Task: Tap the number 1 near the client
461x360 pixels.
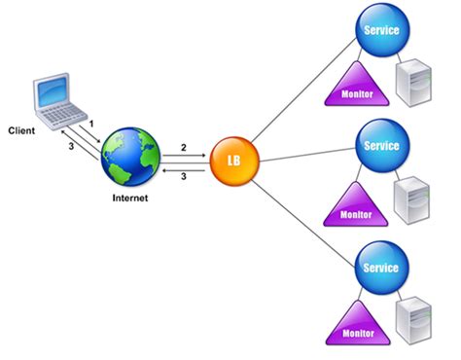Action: point(90,126)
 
